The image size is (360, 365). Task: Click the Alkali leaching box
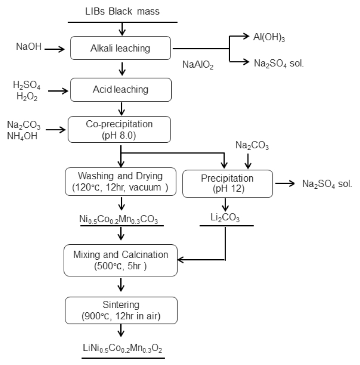[121, 48]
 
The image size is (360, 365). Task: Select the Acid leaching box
[121, 90]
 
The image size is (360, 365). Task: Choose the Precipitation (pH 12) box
[227, 183]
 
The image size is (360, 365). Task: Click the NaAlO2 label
[198, 65]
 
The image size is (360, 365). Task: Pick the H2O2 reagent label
[23, 95]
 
